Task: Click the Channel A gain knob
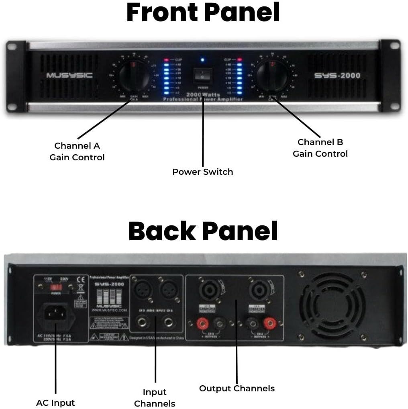coord(135,76)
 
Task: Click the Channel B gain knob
coord(272,76)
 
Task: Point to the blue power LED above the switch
coord(203,60)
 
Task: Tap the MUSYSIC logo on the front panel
coord(69,75)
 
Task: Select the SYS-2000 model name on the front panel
coord(337,76)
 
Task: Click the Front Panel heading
coord(203,13)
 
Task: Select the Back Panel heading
coord(203,231)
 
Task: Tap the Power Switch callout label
coord(202,172)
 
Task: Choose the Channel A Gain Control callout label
coord(77,151)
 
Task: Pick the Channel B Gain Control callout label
coord(320,148)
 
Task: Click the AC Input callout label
coord(55,403)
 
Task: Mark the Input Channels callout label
coord(155,398)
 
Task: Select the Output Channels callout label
coord(237,389)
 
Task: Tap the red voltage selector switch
coord(55,288)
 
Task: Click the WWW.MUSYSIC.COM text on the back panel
coord(109,311)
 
